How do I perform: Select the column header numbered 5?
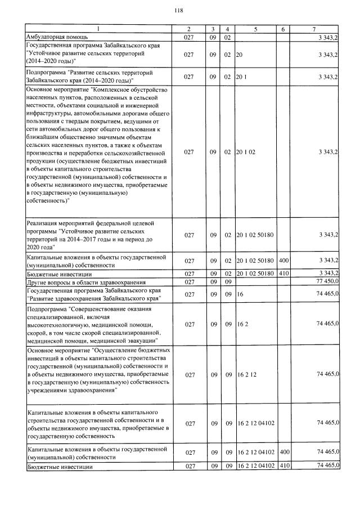point(255,29)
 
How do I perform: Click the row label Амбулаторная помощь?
point(53,37)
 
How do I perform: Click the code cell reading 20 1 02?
point(246,152)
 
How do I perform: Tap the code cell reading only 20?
point(240,55)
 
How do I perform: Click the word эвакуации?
point(140,341)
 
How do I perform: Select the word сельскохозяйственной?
point(134,152)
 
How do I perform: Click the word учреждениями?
point(49,389)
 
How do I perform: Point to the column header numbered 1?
point(98,29)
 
